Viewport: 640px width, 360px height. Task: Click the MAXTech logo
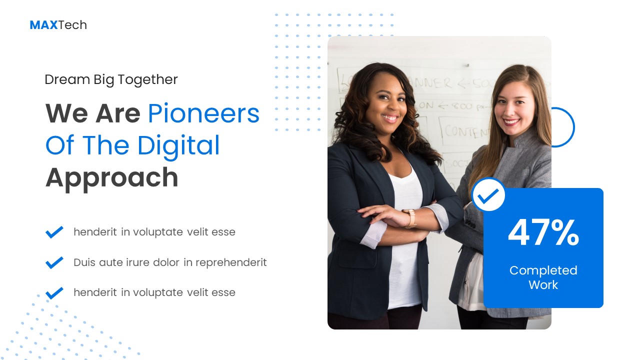[58, 25]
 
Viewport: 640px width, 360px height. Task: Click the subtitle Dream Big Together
[111, 79]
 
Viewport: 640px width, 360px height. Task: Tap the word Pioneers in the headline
[203, 113]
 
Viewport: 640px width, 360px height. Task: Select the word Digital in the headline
[178, 145]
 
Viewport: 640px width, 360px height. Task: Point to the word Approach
[111, 177]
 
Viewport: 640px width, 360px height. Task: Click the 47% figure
[543, 233]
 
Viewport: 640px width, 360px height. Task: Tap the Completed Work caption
[543, 277]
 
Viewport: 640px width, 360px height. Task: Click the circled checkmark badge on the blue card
[488, 195]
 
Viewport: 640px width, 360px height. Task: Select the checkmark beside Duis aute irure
[54, 262]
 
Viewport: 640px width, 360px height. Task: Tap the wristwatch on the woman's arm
[410, 218]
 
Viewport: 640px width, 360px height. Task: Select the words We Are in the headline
[92, 113]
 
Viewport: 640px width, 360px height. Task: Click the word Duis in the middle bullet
[84, 262]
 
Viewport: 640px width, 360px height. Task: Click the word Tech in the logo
[72, 25]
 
